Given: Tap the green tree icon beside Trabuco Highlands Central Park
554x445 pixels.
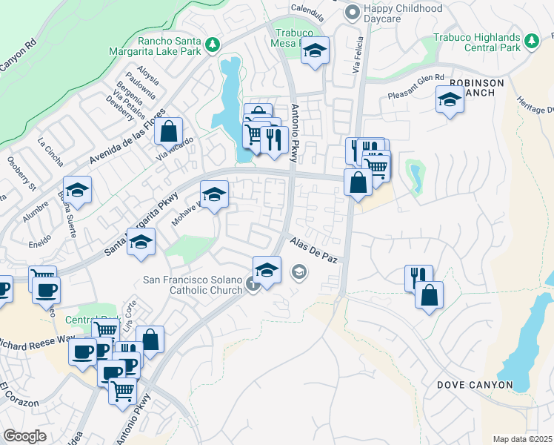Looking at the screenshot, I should click(530, 39).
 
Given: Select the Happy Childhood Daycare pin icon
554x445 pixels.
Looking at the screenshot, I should click(353, 13).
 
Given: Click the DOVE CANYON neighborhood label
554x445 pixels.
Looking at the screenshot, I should click(474, 385).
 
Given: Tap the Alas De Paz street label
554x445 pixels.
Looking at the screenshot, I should click(314, 249).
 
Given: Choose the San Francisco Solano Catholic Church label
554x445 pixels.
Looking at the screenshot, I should click(192, 285).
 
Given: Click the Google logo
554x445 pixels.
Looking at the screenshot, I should click(24, 436).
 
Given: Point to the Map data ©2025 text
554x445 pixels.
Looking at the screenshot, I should click(521, 439).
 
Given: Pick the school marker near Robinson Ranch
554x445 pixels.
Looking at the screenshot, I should click(450, 99).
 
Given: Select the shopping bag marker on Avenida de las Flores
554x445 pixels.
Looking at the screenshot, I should click(169, 131).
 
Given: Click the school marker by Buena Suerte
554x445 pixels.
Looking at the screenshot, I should click(77, 191).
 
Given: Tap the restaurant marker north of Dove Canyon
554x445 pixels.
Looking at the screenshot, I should click(418, 278).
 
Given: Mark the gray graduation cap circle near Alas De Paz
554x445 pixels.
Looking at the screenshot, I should click(298, 273).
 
